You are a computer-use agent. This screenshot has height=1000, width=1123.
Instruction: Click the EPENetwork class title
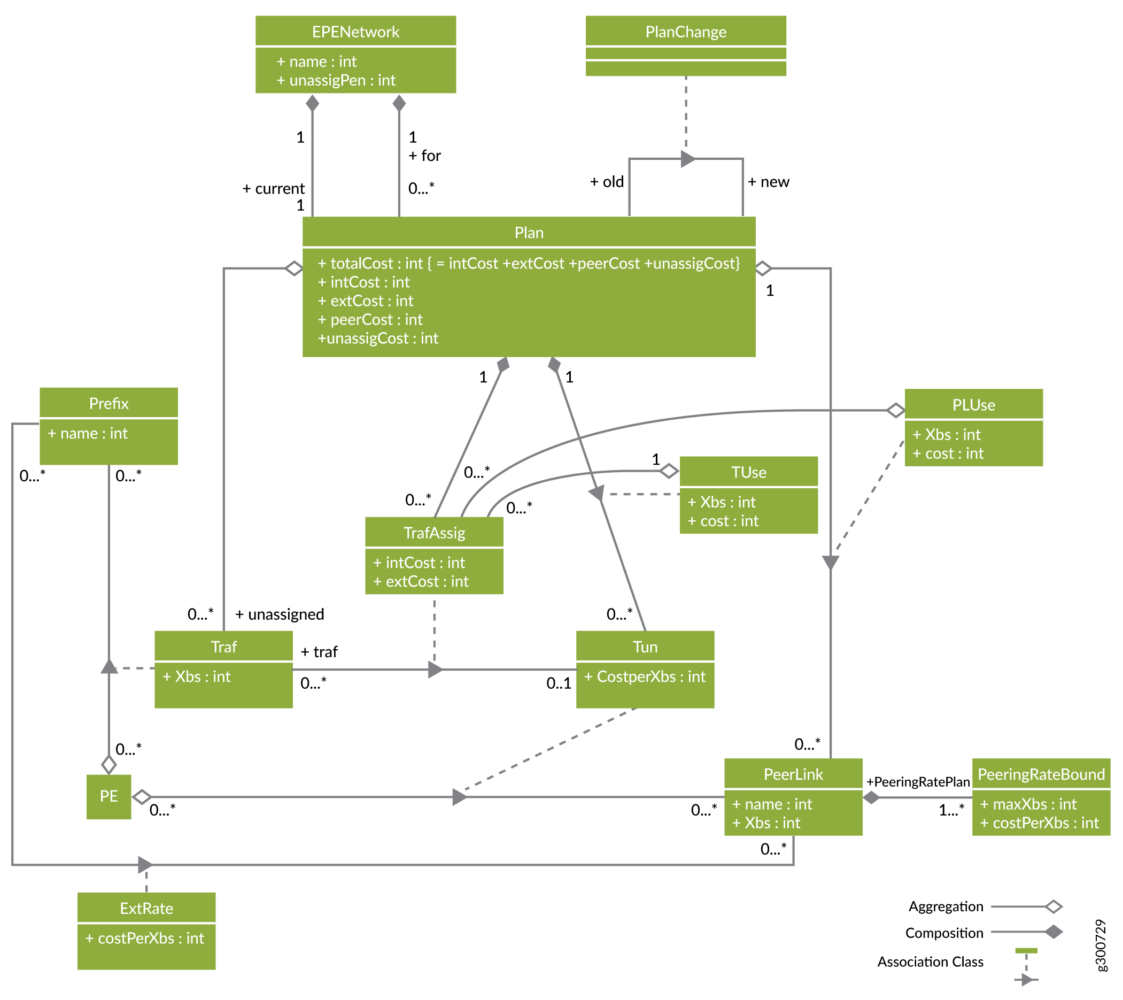(x=355, y=32)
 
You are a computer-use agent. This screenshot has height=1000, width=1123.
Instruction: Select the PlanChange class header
(x=686, y=32)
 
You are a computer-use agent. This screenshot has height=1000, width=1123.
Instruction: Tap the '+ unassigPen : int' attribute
(x=336, y=80)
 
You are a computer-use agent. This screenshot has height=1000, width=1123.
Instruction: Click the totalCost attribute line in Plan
(x=529, y=263)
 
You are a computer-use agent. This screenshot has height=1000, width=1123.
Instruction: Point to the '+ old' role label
(x=607, y=182)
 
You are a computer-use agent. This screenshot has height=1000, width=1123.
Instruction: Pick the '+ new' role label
(x=768, y=182)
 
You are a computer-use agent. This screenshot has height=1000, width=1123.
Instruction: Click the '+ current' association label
(x=274, y=189)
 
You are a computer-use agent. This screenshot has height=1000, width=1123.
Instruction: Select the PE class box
(x=109, y=797)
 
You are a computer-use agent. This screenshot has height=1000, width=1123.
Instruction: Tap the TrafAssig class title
(x=434, y=533)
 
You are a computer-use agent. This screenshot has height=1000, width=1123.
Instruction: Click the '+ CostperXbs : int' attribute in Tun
(x=645, y=677)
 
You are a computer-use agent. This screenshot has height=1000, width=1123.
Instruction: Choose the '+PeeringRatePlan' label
(x=918, y=782)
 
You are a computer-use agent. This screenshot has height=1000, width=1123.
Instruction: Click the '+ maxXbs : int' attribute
(x=1028, y=804)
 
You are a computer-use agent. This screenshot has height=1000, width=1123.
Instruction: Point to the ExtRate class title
(x=146, y=908)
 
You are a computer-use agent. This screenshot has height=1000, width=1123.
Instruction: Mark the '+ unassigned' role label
(x=280, y=614)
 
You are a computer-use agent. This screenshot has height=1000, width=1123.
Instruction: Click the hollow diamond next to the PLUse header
(x=895, y=410)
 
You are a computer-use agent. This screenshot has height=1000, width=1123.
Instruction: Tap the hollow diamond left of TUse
(x=669, y=471)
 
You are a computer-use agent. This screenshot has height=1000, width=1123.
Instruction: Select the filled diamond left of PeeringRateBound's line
(x=871, y=797)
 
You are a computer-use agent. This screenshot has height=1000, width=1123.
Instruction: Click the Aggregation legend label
(x=946, y=906)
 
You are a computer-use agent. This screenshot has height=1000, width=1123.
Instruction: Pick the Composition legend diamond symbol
(x=1053, y=932)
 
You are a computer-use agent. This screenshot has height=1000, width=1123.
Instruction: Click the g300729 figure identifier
(x=1101, y=945)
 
